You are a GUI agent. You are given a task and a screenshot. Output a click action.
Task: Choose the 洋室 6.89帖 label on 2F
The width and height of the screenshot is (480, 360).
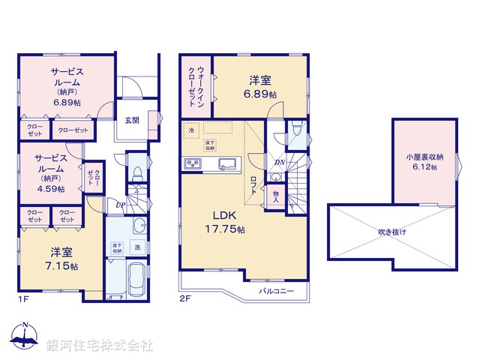259,88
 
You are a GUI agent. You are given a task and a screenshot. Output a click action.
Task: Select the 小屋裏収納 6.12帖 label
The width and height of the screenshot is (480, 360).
424,162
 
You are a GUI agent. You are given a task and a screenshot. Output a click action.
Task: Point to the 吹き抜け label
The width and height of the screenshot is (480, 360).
392,232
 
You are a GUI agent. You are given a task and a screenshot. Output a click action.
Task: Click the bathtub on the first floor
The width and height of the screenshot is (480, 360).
136,282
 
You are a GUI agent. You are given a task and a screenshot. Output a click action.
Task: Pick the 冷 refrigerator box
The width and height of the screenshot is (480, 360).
191,130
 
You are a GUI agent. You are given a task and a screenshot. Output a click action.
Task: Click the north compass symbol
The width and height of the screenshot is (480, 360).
24,335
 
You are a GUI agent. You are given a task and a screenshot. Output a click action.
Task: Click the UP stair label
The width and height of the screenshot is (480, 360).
120,205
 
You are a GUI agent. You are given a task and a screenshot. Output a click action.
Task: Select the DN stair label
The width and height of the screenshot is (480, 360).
278,162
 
